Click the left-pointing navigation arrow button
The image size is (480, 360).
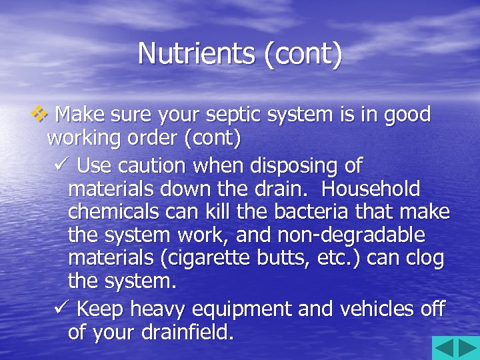coord(444,348)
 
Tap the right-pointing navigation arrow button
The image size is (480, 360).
coord(467,348)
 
